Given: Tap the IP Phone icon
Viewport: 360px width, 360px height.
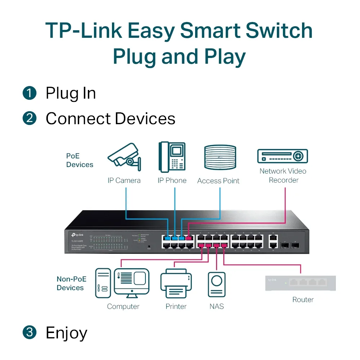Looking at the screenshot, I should (x=172, y=157).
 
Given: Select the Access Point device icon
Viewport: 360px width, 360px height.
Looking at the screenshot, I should (x=220, y=157).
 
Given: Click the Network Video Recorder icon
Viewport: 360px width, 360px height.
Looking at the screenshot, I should (x=283, y=156).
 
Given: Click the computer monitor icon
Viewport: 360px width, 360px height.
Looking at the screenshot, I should (x=131, y=282).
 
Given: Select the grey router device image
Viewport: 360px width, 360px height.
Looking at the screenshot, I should (x=300, y=283).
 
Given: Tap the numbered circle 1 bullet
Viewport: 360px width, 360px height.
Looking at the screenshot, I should (x=30, y=93).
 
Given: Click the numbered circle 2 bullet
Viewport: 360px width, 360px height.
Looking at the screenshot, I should (x=30, y=118).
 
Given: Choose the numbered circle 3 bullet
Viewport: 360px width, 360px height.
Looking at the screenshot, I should (x=30, y=332).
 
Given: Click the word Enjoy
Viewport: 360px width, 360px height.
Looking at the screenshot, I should (x=66, y=333).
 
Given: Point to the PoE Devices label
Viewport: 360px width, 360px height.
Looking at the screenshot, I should (x=80, y=161).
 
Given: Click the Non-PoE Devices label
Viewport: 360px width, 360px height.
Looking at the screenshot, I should (x=70, y=283).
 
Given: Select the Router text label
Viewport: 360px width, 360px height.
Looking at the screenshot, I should (x=303, y=300).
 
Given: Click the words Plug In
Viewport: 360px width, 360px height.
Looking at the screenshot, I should (x=71, y=93).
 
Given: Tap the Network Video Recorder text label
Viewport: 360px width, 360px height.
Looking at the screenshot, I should (x=283, y=176).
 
